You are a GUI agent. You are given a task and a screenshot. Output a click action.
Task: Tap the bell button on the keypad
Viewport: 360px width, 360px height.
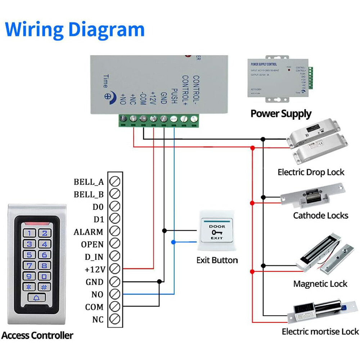[37, 298]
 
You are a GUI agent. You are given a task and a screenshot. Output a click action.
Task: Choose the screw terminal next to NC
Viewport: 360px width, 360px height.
[114, 319]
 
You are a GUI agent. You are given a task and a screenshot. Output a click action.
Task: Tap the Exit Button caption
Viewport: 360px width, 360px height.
[217, 260]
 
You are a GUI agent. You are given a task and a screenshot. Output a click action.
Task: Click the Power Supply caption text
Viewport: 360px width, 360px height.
[281, 114]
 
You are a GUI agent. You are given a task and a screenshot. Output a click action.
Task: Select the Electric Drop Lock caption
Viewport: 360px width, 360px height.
[311, 172]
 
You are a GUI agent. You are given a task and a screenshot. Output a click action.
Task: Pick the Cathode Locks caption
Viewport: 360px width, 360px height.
[320, 216]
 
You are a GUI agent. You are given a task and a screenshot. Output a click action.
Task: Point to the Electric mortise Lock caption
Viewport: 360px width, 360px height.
[320, 332]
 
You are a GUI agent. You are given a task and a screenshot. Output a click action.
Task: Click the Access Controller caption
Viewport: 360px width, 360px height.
[37, 336]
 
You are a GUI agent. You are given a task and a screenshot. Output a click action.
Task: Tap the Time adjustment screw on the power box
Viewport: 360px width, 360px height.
[107, 96]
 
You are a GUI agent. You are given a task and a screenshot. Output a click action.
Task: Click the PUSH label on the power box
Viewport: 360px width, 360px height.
[174, 96]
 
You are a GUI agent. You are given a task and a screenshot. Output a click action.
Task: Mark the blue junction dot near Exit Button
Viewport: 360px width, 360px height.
[174, 242]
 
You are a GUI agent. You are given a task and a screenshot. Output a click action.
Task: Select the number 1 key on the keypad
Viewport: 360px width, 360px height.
[30, 233]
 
